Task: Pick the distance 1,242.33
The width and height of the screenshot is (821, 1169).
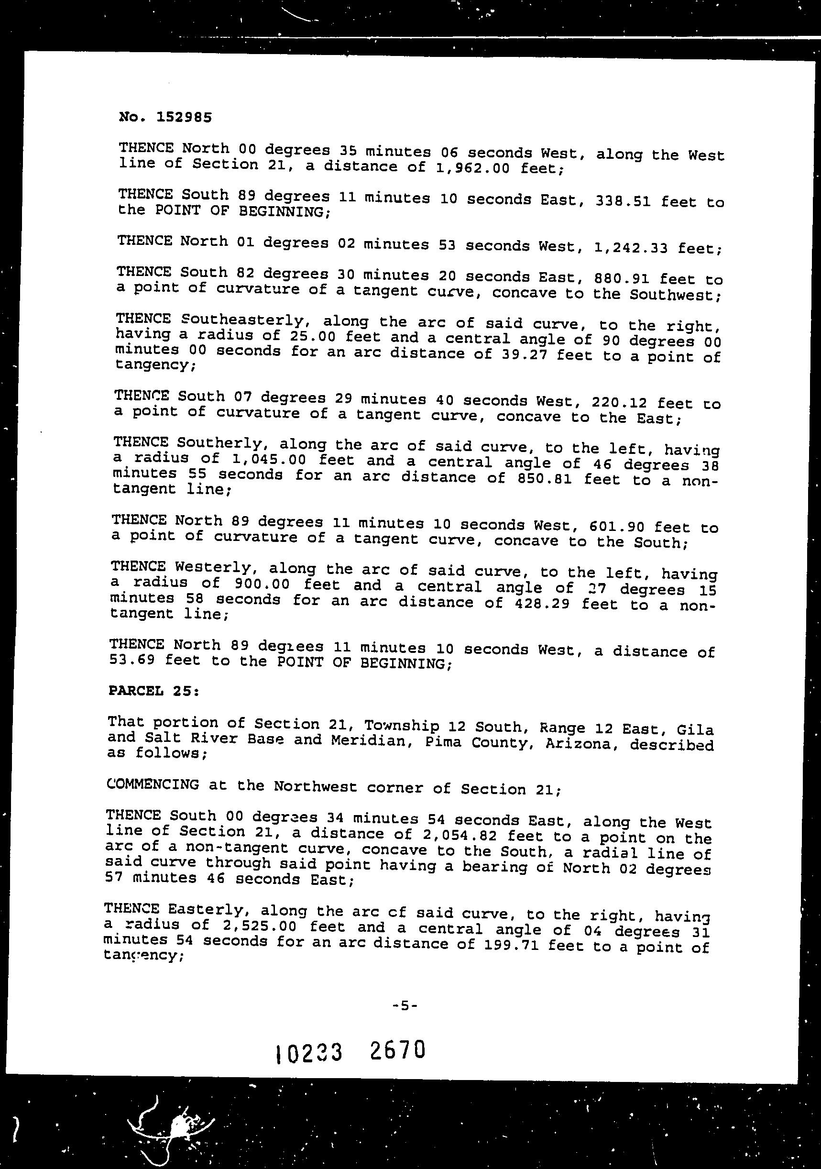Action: coord(631,248)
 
